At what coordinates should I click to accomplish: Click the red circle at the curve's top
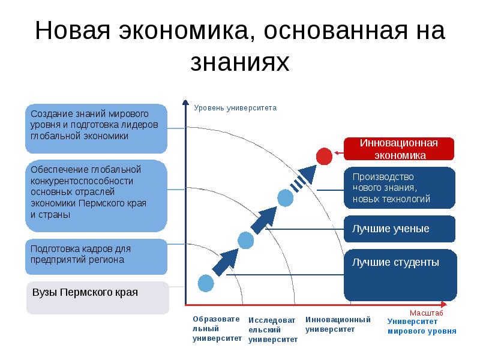[324, 155]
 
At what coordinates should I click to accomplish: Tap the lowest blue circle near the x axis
[206, 282]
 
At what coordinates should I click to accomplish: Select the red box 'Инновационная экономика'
[399, 149]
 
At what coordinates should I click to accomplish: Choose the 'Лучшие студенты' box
[400, 275]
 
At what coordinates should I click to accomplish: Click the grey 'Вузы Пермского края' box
[97, 298]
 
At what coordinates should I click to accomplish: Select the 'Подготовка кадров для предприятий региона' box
[97, 256]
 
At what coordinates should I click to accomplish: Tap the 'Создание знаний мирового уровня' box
[97, 128]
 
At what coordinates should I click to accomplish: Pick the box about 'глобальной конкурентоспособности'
[97, 196]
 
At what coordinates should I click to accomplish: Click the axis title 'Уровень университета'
[235, 109]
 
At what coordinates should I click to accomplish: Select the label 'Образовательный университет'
[217, 329]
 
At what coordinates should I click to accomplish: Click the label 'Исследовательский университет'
[273, 330]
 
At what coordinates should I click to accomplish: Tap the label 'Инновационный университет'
[338, 324]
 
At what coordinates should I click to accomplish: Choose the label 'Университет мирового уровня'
[422, 326]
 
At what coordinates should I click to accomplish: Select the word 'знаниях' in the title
[240, 62]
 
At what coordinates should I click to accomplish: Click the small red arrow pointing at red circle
[338, 153]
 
